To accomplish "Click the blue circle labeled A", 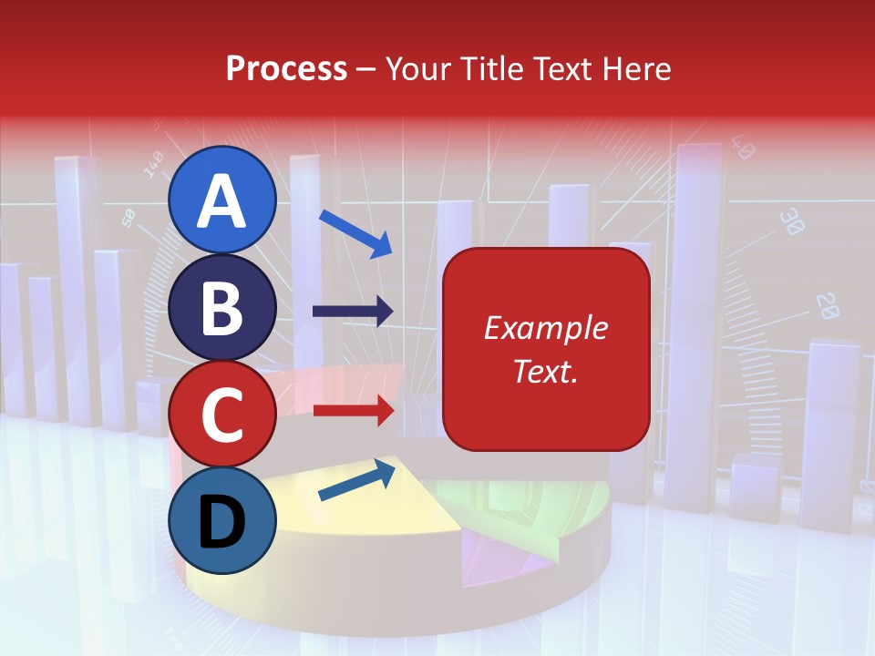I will coord(222,200).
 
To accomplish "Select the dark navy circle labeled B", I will coord(222,308).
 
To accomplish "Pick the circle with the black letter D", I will coord(222,521).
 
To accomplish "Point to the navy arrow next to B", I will coord(353,312).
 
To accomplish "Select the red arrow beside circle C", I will coord(353,410).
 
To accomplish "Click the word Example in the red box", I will coord(545,328).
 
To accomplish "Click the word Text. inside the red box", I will coord(545,371).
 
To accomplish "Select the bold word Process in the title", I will coord(286,68).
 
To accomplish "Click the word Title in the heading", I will coord(489,68).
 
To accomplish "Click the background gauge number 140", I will coord(153,164).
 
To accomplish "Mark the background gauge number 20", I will coord(827,305).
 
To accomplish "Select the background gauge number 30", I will coord(792,222).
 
